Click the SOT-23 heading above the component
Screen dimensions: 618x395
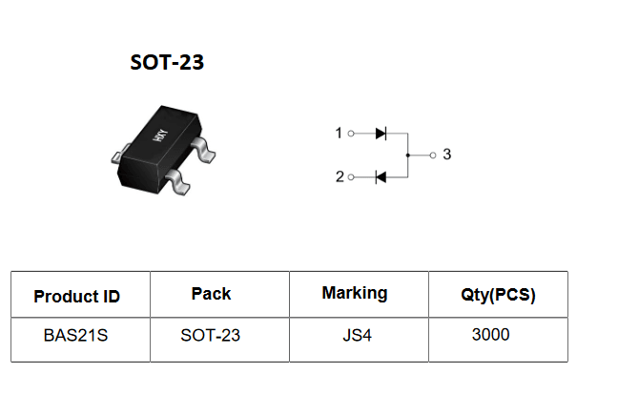[x=167, y=62]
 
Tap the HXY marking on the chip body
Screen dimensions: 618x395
[x=160, y=135]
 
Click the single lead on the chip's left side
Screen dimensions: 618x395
[x=120, y=154]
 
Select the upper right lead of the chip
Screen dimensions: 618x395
[x=203, y=150]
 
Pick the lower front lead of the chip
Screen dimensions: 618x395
[x=178, y=182]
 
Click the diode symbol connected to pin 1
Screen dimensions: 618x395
[x=381, y=134]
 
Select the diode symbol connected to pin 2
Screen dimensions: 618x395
[x=381, y=177]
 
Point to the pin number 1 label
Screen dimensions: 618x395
[x=339, y=134]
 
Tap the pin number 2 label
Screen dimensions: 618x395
[x=340, y=177]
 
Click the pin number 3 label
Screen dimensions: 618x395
[x=447, y=155]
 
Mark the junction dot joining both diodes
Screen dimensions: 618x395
[x=408, y=156]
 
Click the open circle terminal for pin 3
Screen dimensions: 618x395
[x=433, y=156]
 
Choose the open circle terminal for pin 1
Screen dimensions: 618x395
[x=351, y=134]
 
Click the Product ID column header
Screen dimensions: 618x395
[x=77, y=297]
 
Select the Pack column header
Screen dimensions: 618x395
[x=212, y=294]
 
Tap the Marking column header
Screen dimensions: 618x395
[x=355, y=293]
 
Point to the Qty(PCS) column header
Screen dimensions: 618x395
[x=498, y=295]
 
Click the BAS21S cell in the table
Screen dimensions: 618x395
[x=75, y=336]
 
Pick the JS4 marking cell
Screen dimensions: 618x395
[x=357, y=336]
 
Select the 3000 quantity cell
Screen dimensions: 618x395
[x=491, y=335]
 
